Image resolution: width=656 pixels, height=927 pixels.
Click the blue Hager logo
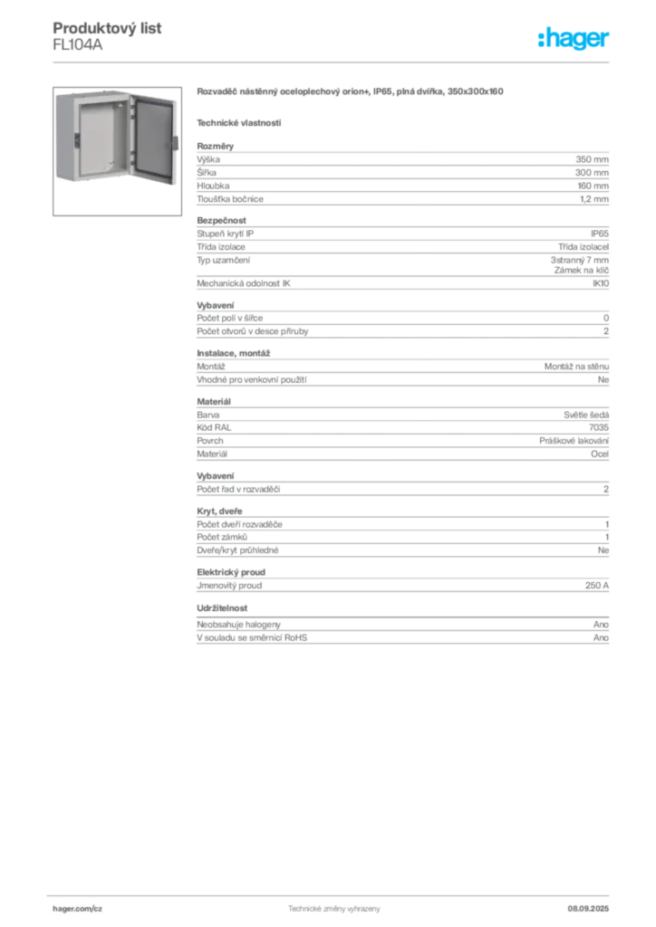575,40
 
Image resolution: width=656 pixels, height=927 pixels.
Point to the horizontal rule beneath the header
333,62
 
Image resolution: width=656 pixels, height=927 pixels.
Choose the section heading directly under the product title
239,122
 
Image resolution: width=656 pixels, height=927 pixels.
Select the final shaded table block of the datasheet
401,636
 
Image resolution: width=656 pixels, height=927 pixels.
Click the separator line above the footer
333,893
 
